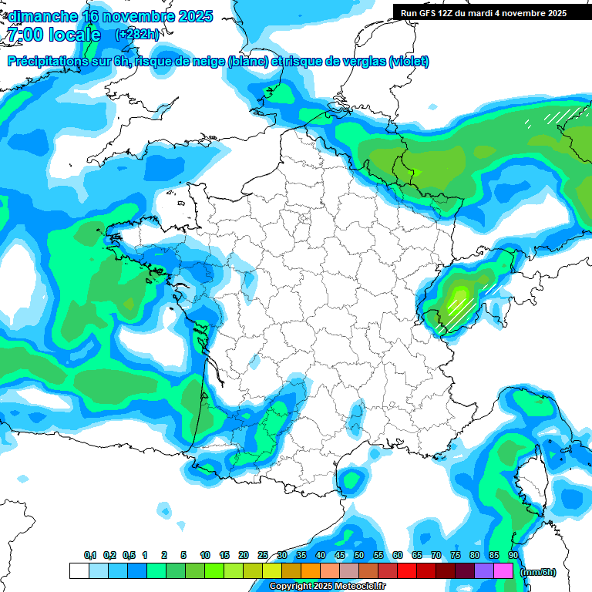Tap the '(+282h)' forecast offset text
tap(137, 35)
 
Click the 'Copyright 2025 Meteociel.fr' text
tap(327, 587)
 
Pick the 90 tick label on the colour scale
tap(513, 555)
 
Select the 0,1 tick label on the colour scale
tap(89, 555)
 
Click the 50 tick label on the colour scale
tap(359, 555)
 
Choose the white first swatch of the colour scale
tap(79, 571)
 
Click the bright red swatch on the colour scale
tap(407, 571)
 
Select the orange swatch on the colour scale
tap(311, 571)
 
